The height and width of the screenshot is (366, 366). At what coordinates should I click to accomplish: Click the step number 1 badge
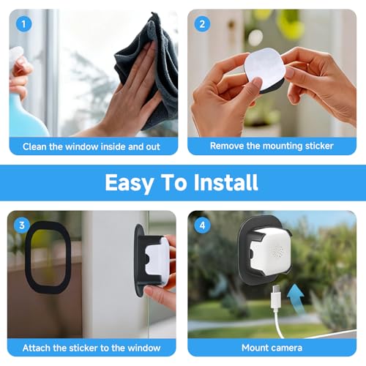[x=23, y=24]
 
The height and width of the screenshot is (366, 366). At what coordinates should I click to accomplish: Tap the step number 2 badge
[x=202, y=24]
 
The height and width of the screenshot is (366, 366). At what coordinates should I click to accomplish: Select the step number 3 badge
[x=22, y=225]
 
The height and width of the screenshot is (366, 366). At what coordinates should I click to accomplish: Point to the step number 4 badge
[x=202, y=225]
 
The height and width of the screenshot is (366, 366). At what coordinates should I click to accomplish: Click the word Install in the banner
[x=225, y=182]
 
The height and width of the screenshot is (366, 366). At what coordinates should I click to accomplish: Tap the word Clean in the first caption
[x=34, y=146]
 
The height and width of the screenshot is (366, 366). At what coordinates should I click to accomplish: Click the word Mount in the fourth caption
[x=254, y=348]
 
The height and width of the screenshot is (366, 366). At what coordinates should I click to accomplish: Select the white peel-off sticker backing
[x=265, y=68]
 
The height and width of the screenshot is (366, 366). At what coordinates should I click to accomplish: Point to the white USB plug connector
[x=276, y=299]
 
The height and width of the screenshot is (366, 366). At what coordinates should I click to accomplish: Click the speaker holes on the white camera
[x=278, y=250]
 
